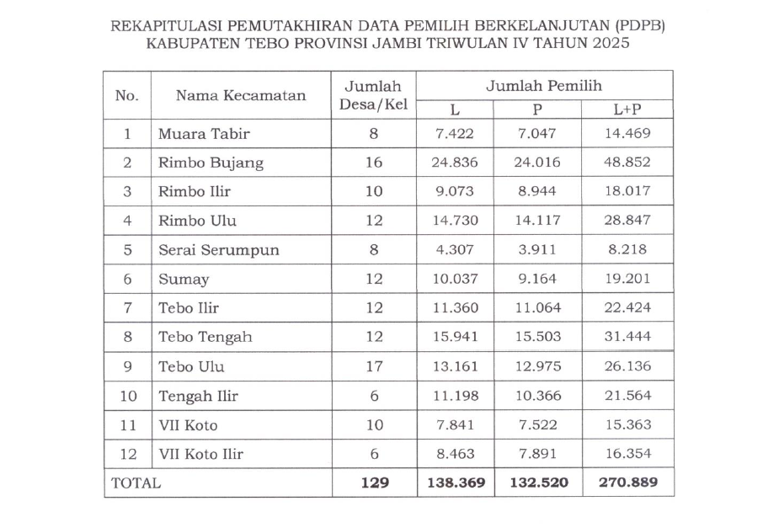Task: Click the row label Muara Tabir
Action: (x=204, y=133)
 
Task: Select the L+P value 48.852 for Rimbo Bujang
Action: (x=627, y=163)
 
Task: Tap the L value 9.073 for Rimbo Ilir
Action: (x=455, y=191)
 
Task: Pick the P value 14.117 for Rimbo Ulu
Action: (x=537, y=221)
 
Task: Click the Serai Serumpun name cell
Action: (x=218, y=250)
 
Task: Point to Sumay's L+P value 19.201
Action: (x=627, y=279)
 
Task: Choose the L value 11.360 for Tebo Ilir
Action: (x=455, y=308)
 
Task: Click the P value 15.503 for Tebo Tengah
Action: (x=537, y=337)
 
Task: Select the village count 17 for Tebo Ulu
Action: (x=374, y=366)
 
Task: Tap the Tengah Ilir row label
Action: (x=198, y=396)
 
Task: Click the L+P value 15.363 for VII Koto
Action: (x=627, y=424)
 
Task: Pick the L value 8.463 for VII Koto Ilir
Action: (x=455, y=454)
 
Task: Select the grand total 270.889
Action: (x=627, y=483)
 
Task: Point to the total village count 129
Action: (x=374, y=483)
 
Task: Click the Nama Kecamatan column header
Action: (x=241, y=95)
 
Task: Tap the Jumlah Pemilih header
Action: (x=543, y=86)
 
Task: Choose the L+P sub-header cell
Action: (x=627, y=109)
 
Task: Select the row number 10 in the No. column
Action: (x=127, y=396)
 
